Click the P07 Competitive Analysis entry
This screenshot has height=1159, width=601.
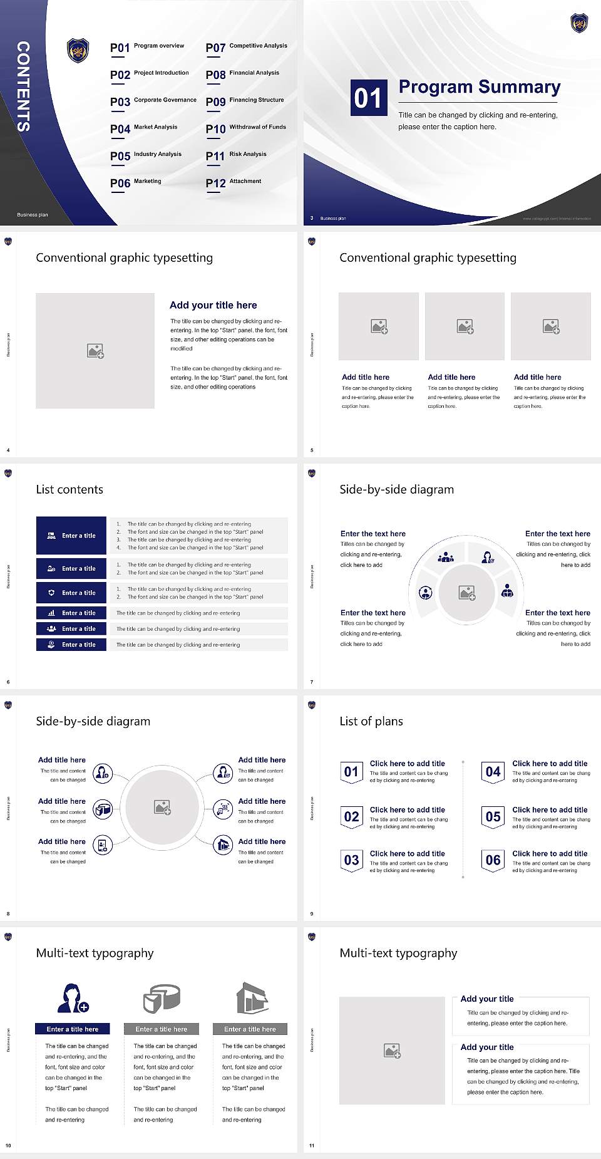tap(246, 47)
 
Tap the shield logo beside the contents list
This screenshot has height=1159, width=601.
tap(78, 50)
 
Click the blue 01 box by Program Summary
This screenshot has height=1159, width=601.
tap(367, 98)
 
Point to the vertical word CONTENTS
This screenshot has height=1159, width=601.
tap(23, 86)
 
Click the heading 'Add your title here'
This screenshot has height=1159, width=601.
tap(213, 305)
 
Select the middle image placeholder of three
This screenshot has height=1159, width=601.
tap(465, 326)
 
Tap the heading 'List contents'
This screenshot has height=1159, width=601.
tap(69, 489)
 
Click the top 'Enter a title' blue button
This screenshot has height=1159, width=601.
tap(71, 536)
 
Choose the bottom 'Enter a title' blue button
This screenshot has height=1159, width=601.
tap(71, 645)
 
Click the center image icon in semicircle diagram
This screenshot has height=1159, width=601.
tap(466, 593)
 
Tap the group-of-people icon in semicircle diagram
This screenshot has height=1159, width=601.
tap(446, 556)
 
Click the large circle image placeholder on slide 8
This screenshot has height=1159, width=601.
tap(162, 808)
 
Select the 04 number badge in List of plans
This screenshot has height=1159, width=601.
tap(493, 772)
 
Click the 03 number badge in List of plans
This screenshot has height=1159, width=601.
tap(351, 860)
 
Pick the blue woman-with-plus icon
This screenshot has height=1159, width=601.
tap(73, 998)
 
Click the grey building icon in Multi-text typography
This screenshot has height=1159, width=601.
tap(252, 998)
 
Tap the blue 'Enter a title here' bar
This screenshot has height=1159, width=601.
tap(73, 1029)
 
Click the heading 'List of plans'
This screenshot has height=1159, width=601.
tap(371, 721)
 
